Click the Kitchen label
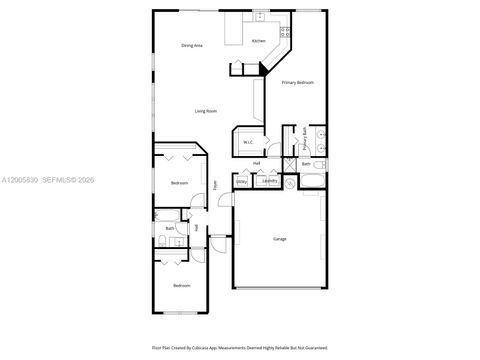pyautogui.click(x=259, y=41)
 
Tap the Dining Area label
pyautogui.click(x=192, y=46)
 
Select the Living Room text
pyautogui.click(x=206, y=111)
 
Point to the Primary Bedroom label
pyautogui.click(x=298, y=82)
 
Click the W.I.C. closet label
pyautogui.click(x=248, y=142)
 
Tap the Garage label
pyautogui.click(x=280, y=239)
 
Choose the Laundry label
pyautogui.click(x=268, y=181)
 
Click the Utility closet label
pyautogui.click(x=242, y=181)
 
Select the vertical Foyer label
pyautogui.click(x=214, y=184)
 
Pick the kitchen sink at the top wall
pyautogui.click(x=259, y=17)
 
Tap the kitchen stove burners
pyautogui.click(x=285, y=31)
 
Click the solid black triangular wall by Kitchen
pyautogui.click(x=265, y=66)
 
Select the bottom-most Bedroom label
pyautogui.click(x=181, y=286)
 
